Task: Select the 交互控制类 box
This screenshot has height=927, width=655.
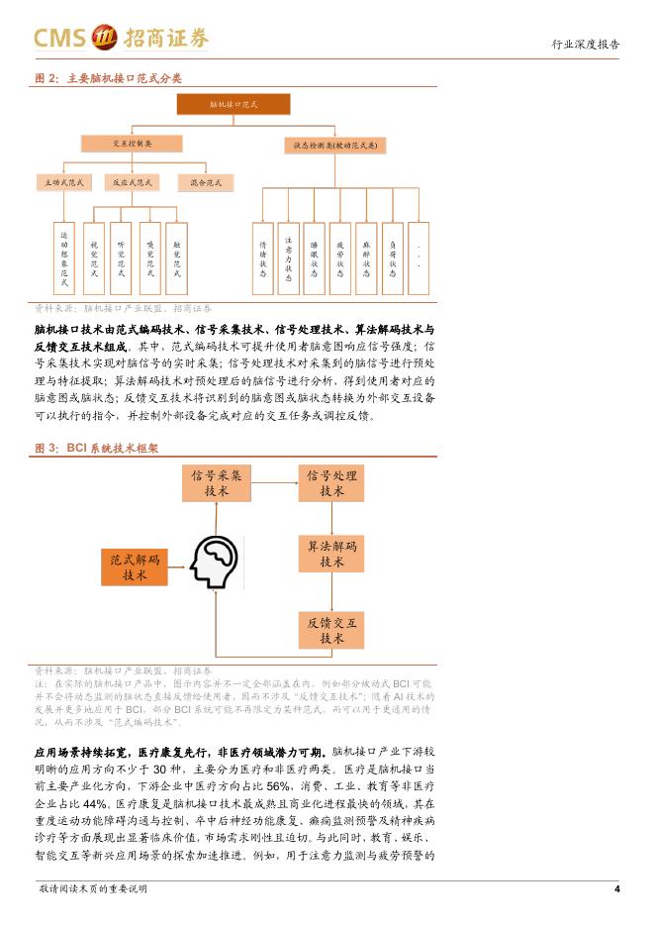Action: pos(133,144)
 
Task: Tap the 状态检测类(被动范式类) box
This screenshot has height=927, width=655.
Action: pos(335,145)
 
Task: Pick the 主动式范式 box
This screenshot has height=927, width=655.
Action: pos(64,183)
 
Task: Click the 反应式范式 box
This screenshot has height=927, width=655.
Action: pos(133,183)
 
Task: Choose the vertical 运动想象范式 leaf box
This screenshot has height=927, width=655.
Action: pos(64,257)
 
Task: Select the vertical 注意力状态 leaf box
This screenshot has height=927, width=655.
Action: pos(289,257)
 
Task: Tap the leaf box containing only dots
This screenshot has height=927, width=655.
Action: pos(420,257)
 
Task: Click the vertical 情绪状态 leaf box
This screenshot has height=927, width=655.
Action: pos(263,257)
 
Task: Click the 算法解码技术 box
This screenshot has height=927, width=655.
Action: pos(332,555)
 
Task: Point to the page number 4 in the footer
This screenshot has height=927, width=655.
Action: pos(616,888)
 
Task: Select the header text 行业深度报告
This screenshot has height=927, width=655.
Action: pos(586,45)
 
